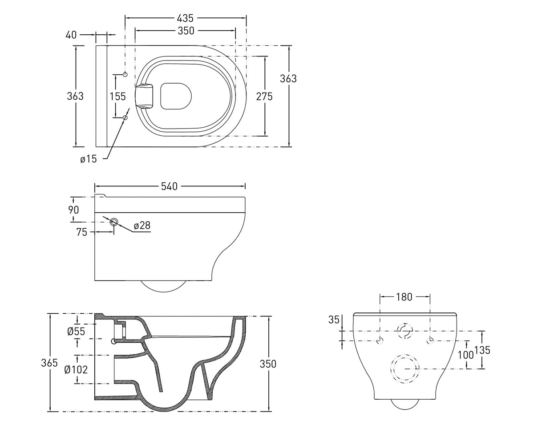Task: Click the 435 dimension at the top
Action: point(185,18)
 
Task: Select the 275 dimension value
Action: point(264,97)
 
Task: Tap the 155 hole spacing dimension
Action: point(117,97)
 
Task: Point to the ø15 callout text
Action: point(89,159)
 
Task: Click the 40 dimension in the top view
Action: point(71,35)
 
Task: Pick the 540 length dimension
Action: point(169,186)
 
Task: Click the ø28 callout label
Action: point(142,225)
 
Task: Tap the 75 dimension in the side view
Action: point(81,232)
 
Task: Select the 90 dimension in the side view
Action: point(73,210)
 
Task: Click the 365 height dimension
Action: point(49,363)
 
